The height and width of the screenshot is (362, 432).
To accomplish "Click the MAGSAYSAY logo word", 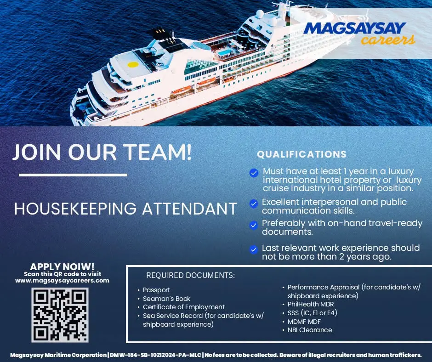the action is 355,28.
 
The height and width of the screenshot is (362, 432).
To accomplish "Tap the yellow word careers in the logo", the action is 388,40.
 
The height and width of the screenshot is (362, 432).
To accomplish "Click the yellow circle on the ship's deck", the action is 133,64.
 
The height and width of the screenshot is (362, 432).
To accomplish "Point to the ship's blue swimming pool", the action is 225,52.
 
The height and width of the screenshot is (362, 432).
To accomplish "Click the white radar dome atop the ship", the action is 260,13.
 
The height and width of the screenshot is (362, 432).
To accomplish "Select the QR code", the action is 60,315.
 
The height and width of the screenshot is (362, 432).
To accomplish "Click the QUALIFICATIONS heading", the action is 301,154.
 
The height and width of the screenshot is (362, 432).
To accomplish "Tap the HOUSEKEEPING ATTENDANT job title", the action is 125,209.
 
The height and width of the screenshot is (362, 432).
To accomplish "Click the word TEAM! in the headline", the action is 157,152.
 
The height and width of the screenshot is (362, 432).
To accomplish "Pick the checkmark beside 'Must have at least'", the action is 254,173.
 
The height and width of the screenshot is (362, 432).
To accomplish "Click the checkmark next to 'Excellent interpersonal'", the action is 254,204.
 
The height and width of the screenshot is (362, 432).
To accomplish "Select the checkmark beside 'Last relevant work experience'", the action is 254,249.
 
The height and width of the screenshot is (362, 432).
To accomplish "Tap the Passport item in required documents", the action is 156,290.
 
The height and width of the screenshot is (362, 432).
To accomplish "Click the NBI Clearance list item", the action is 310,330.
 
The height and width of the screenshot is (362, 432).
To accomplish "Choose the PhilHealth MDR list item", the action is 311,304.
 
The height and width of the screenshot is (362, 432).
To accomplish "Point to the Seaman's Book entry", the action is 166,298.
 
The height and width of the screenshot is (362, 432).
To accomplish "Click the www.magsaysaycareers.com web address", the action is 62,281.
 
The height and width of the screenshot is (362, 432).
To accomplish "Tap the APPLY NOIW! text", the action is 62,266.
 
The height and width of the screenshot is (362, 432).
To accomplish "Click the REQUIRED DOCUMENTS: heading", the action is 190,275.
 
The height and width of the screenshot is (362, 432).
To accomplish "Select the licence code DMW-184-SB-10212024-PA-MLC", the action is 155,355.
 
